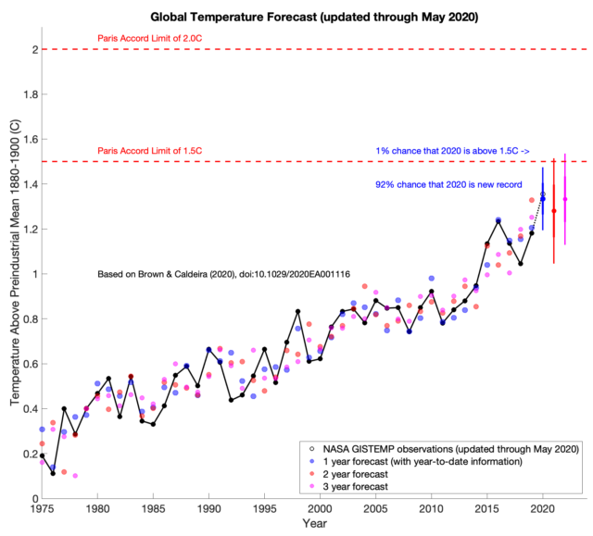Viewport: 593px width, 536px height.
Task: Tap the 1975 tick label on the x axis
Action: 42,508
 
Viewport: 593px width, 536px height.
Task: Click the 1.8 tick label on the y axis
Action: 27,94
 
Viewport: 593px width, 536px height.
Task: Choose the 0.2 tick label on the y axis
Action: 27,454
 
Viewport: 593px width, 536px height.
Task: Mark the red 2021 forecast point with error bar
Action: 554,211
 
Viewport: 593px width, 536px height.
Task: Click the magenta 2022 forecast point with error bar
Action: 565,199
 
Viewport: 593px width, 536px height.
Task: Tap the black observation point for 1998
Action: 297,311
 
